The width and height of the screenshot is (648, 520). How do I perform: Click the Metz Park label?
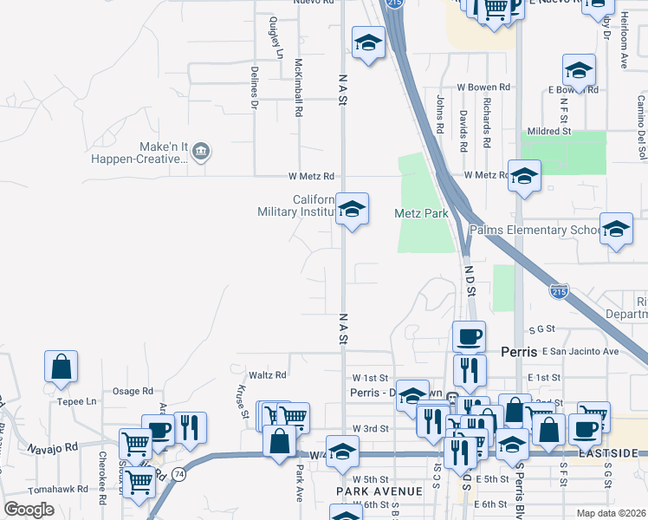tap(420, 213)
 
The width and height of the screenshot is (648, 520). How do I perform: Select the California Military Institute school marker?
tap(352, 211)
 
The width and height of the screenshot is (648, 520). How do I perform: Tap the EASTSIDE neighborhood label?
tap(618, 453)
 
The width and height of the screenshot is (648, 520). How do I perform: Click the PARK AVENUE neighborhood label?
tap(378, 491)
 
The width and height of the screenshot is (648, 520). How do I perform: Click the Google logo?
tap(29, 510)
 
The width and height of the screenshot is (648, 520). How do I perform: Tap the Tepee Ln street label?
tap(78, 401)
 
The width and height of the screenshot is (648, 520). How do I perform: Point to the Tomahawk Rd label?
tap(57, 489)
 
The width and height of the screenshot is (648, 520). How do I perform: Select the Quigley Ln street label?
tap(276, 36)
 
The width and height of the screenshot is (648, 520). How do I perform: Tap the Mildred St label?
tap(549, 132)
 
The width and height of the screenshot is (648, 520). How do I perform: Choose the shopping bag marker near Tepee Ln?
tap(62, 367)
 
